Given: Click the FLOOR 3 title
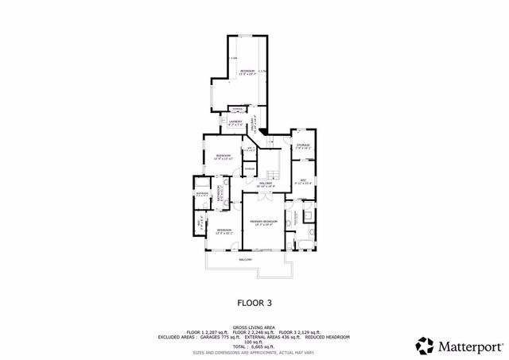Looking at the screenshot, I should coord(254,303).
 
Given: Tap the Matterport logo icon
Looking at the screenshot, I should coord(424,346).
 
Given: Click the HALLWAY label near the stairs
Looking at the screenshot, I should coord(265,184).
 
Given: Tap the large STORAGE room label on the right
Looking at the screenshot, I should coord(303,146).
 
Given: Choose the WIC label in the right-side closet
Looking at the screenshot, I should coord(303,181).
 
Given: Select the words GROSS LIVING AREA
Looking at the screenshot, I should coord(254,326).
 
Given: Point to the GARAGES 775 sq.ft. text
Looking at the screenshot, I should coord(211,335).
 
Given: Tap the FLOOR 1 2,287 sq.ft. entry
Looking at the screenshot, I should coord(207,331).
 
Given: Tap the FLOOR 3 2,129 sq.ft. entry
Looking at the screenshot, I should coord(301,331).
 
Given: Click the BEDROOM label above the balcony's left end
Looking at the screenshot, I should coord(223,231).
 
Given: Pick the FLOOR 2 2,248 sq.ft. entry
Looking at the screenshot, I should coord(254,331).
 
